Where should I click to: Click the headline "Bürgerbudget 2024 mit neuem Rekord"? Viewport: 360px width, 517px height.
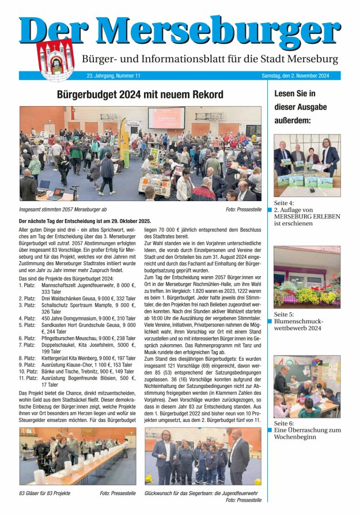click(140, 94)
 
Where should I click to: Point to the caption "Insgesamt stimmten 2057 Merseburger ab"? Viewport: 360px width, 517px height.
click(63, 210)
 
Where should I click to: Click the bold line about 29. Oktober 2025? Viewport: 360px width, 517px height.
click(85, 221)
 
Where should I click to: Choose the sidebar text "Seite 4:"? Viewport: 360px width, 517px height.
click(284, 203)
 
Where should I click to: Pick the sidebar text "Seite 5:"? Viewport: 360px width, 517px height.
click(284, 314)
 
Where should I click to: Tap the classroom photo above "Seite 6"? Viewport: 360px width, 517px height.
click(306, 386)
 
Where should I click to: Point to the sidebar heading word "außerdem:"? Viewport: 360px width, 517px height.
click(293, 120)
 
